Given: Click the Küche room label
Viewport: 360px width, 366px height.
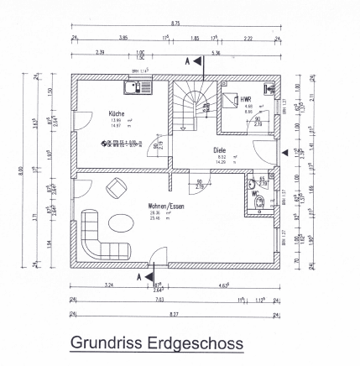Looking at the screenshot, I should click(116, 112).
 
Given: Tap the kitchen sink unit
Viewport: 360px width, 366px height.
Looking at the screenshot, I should click(135, 86).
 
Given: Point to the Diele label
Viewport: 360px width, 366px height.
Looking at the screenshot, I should click(220, 149).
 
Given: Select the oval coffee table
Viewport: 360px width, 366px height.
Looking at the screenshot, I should click(121, 223).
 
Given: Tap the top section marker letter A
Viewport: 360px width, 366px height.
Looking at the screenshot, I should click(186, 62).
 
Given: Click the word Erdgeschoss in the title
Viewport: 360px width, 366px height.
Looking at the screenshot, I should click(201, 343).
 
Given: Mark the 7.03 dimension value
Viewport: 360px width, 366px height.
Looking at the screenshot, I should click(159, 298).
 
